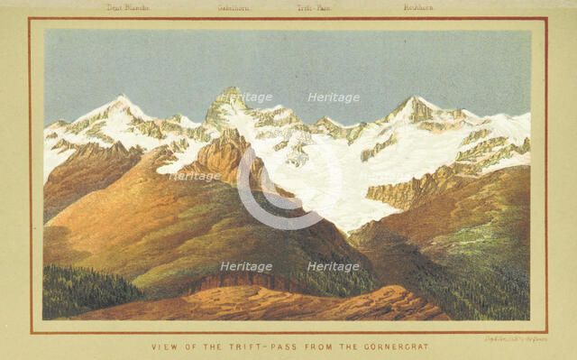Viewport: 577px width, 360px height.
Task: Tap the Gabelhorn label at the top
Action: pyautogui.click(x=234, y=8)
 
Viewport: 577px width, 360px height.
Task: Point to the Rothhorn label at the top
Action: pyautogui.click(x=417, y=8)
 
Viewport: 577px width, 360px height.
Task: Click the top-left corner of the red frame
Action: pyautogui.click(x=30, y=19)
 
